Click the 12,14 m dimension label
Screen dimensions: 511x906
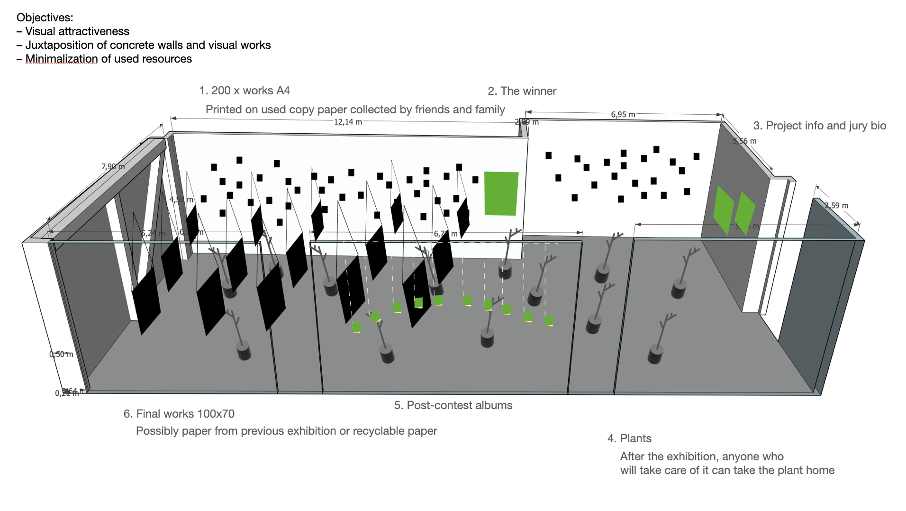tap(348, 122)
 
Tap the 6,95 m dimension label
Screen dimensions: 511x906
tap(623, 114)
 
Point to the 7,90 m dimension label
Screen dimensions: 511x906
tap(113, 166)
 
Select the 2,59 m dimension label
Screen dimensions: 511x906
tap(836, 205)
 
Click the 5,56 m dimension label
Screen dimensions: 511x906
tap(744, 141)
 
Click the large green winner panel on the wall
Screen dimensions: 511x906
tap(501, 193)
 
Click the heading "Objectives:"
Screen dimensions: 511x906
tap(45, 18)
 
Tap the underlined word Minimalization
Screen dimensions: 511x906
tap(61, 59)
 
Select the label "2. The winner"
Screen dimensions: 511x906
tap(522, 91)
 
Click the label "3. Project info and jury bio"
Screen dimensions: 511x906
tap(819, 126)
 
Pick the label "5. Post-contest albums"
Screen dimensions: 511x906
tap(453, 405)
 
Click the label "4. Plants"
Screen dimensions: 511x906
tap(629, 438)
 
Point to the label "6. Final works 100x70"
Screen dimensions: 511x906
tap(179, 414)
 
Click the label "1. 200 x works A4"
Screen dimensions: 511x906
tap(245, 91)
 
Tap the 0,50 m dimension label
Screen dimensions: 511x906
tap(61, 354)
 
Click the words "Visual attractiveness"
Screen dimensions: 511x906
tap(77, 31)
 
